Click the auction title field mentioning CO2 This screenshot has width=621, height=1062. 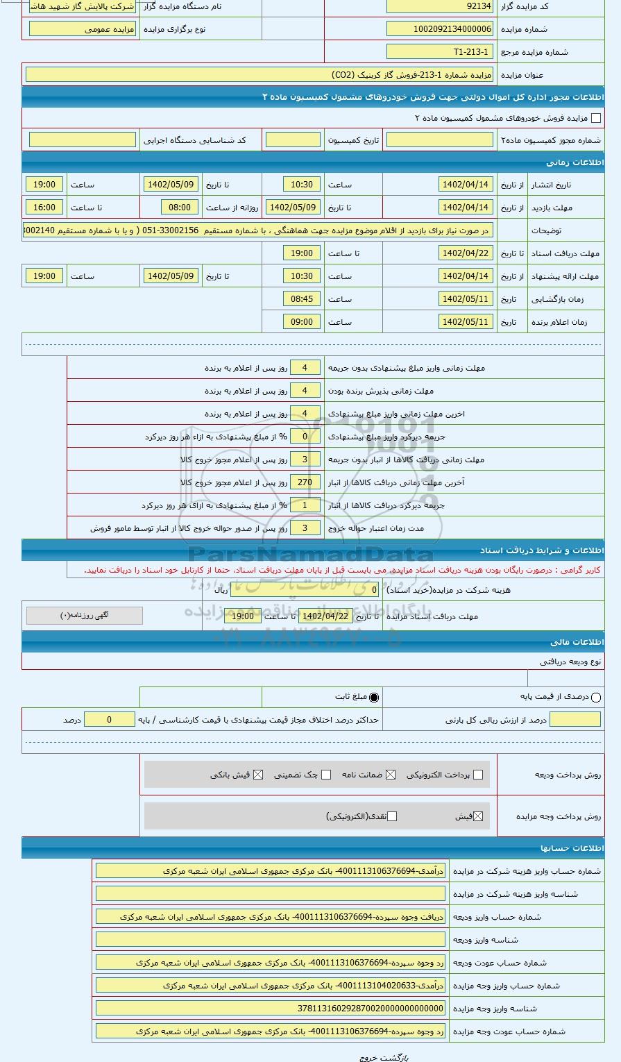[259, 75]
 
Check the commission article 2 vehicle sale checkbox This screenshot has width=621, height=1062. [595, 119]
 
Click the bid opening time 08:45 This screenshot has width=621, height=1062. [302, 299]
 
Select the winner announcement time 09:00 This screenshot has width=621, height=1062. [302, 322]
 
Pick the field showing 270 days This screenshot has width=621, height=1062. [305, 482]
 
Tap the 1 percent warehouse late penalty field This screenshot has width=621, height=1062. [305, 505]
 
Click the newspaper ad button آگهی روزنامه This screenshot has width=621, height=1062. [85, 616]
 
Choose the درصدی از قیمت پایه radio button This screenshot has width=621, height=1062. [595, 698]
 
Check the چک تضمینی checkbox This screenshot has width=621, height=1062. [326, 775]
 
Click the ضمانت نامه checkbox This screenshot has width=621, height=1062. [391, 775]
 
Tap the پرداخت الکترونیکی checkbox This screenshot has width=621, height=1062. [477, 775]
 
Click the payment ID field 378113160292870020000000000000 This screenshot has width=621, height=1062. [271, 1009]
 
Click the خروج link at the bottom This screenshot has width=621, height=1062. [368, 1057]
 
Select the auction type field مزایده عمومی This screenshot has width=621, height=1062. [83, 29]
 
